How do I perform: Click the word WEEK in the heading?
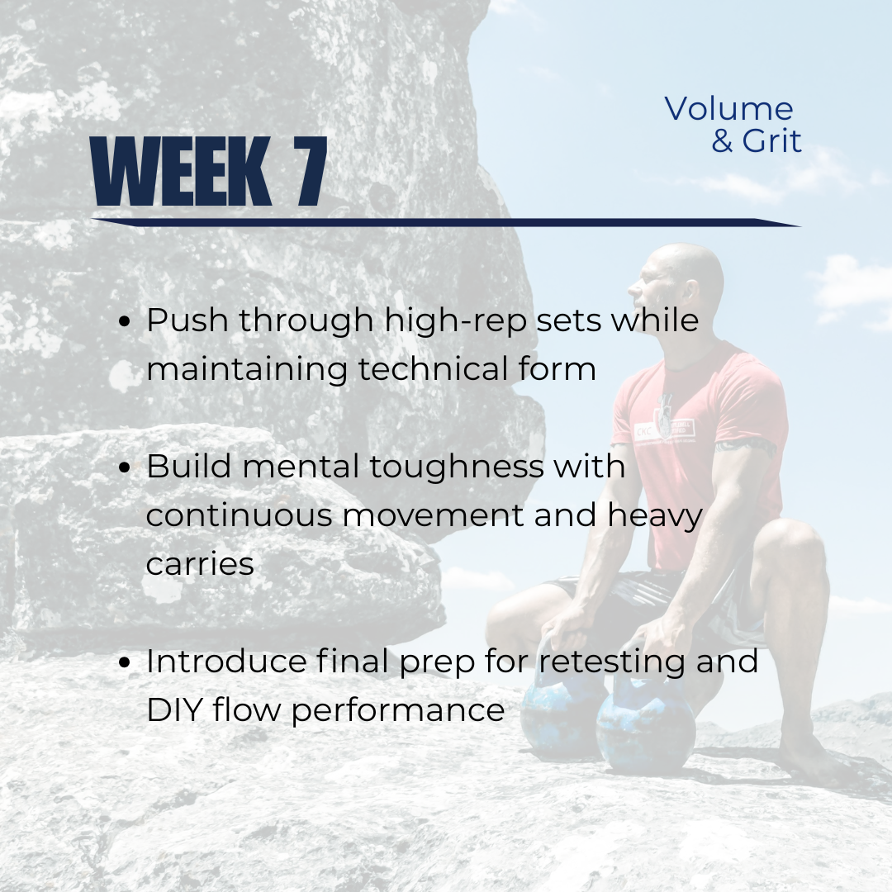point(181,171)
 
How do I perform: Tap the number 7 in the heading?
point(311,171)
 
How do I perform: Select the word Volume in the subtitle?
point(728,108)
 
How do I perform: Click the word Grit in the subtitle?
point(771,140)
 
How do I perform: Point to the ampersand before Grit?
point(722,141)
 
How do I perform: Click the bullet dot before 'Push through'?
point(125,321)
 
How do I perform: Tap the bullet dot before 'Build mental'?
point(125,468)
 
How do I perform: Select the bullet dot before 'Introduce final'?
point(125,663)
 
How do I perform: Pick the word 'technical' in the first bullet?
point(432,368)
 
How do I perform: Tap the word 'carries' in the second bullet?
point(200,564)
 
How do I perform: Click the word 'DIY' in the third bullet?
point(174,710)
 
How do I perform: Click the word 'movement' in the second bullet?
point(432,515)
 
